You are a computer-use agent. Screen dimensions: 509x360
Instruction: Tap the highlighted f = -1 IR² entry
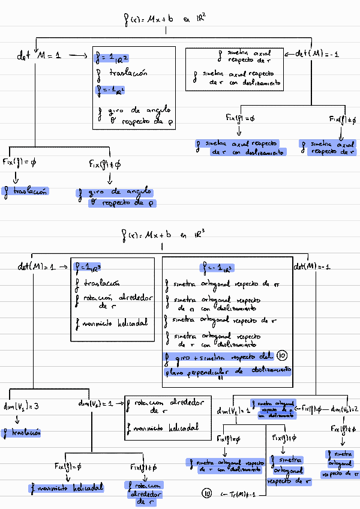click(112, 91)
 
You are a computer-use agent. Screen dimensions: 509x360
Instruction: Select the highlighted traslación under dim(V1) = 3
click(22, 432)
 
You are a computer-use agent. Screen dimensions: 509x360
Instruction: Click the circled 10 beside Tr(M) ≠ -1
click(206, 493)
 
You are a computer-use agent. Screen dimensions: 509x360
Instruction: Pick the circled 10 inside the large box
click(283, 357)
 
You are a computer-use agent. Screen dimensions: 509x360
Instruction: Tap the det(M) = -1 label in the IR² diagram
click(317, 54)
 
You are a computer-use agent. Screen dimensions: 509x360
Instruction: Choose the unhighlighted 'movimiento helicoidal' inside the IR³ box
click(112, 323)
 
